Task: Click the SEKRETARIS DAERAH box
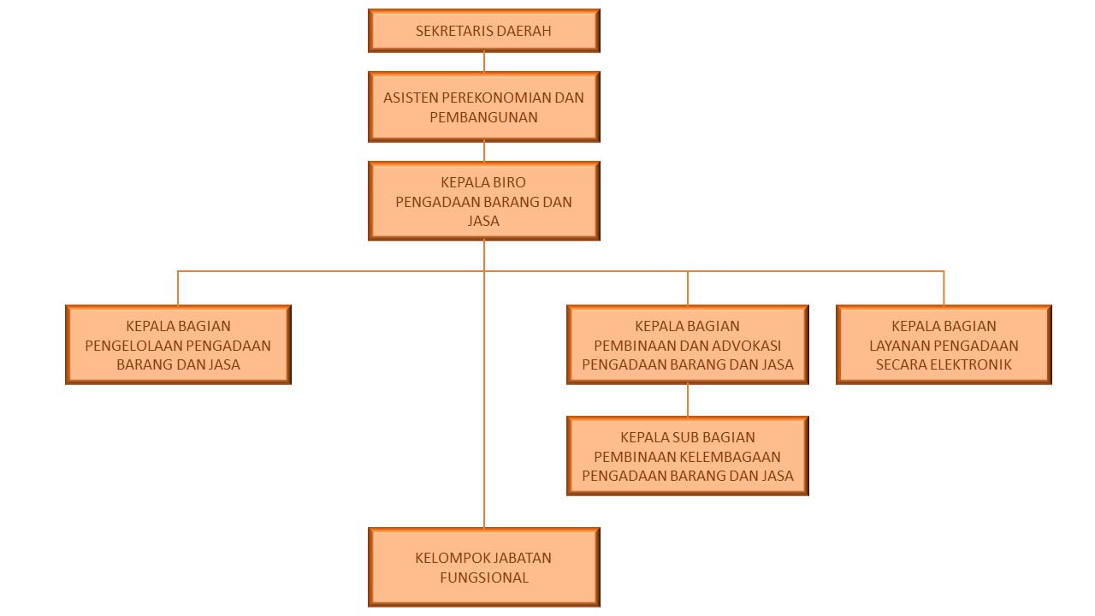point(484,30)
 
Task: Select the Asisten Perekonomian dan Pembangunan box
point(484,107)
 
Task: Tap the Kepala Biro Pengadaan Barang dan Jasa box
point(484,201)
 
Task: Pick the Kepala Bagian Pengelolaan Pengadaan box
point(179,345)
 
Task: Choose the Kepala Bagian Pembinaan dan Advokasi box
point(688,345)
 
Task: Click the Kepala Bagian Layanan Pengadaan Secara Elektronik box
point(944,345)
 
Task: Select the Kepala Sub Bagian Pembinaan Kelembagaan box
point(688,456)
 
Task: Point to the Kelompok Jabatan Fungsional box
point(484,567)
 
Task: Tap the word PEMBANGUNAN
point(484,117)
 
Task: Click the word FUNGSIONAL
point(484,577)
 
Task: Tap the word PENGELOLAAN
point(133,346)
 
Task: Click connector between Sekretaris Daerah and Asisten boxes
point(484,62)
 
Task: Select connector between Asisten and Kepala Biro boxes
point(484,152)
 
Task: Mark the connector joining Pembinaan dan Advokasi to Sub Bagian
point(688,400)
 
